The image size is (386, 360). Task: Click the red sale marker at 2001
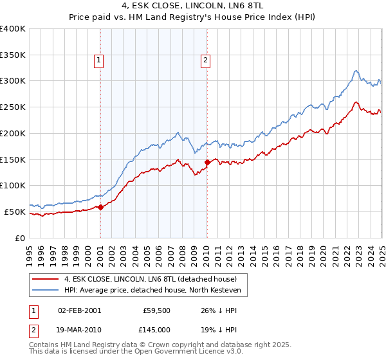(x=100, y=207)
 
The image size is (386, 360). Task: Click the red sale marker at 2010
(x=207, y=163)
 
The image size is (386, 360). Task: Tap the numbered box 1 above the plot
(x=99, y=61)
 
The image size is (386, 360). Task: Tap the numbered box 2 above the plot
(x=205, y=61)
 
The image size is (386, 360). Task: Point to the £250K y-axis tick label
(x=12, y=107)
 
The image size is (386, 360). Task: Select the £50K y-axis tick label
(x=15, y=212)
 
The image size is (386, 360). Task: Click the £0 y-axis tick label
(x=19, y=238)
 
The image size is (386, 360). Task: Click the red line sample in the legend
(x=46, y=279)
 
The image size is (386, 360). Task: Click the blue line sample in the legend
(x=46, y=290)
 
